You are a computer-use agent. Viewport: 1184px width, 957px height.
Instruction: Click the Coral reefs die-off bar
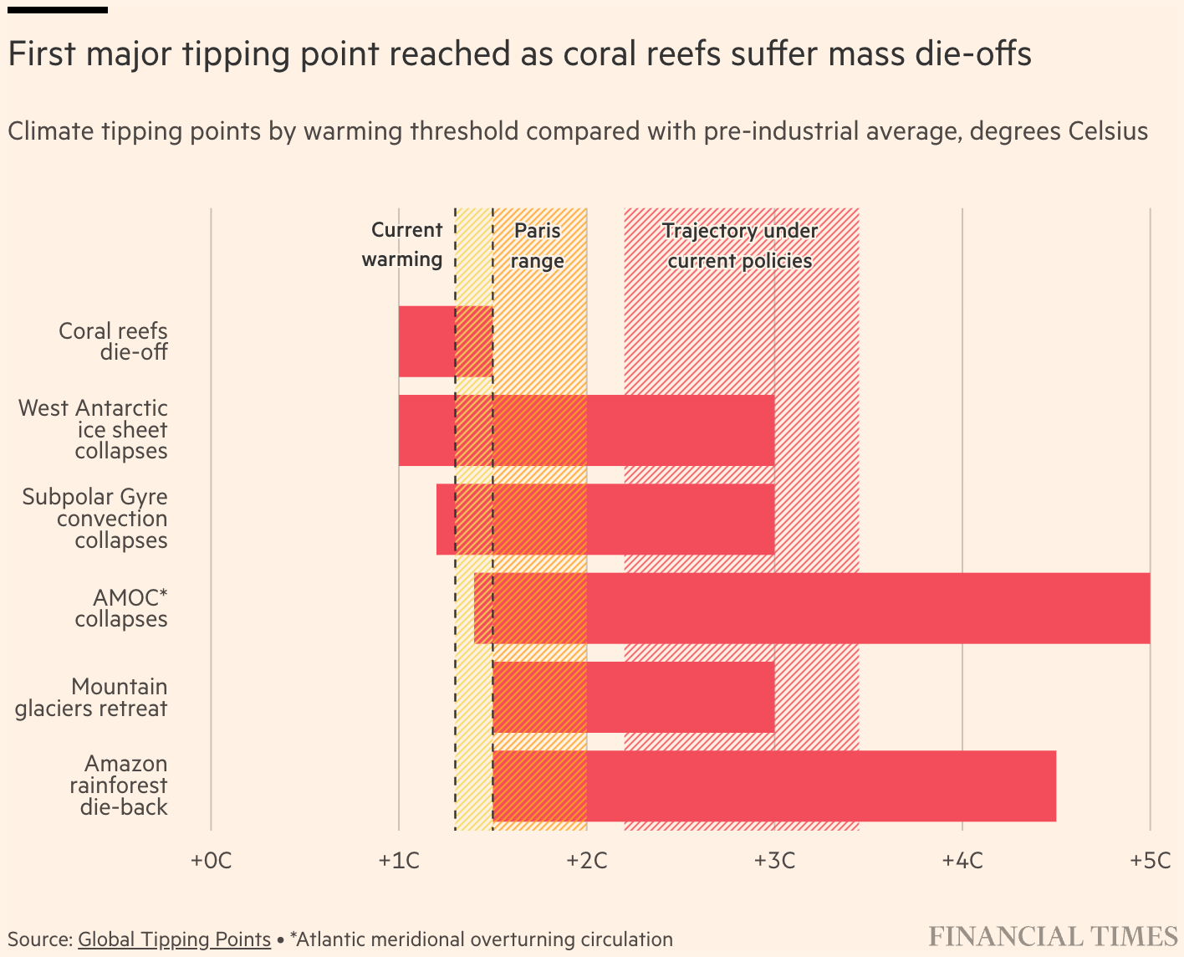(446, 341)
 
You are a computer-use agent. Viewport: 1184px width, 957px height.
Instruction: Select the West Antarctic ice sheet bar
(586, 430)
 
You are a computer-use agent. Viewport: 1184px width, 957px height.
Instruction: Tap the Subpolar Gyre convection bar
(605, 519)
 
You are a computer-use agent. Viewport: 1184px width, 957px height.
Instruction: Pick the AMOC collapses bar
(812, 608)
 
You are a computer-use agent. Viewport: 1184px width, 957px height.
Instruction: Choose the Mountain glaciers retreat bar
(634, 697)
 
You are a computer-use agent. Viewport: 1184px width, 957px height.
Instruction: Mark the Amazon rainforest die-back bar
(774, 786)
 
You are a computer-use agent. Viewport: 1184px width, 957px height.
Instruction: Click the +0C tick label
(211, 860)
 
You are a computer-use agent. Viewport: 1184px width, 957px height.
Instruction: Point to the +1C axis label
(399, 860)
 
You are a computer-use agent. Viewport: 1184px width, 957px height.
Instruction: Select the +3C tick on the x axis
(774, 860)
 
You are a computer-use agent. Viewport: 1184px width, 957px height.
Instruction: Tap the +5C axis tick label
(1150, 860)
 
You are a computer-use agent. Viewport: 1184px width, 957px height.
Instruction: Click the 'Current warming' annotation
(402, 244)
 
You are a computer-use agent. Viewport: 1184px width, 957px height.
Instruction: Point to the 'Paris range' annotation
(538, 245)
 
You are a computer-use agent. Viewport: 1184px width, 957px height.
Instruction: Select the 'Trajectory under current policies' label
(740, 245)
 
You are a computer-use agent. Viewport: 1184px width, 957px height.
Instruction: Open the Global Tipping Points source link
(174, 939)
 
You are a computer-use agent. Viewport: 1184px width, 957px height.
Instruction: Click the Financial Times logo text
(1053, 936)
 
